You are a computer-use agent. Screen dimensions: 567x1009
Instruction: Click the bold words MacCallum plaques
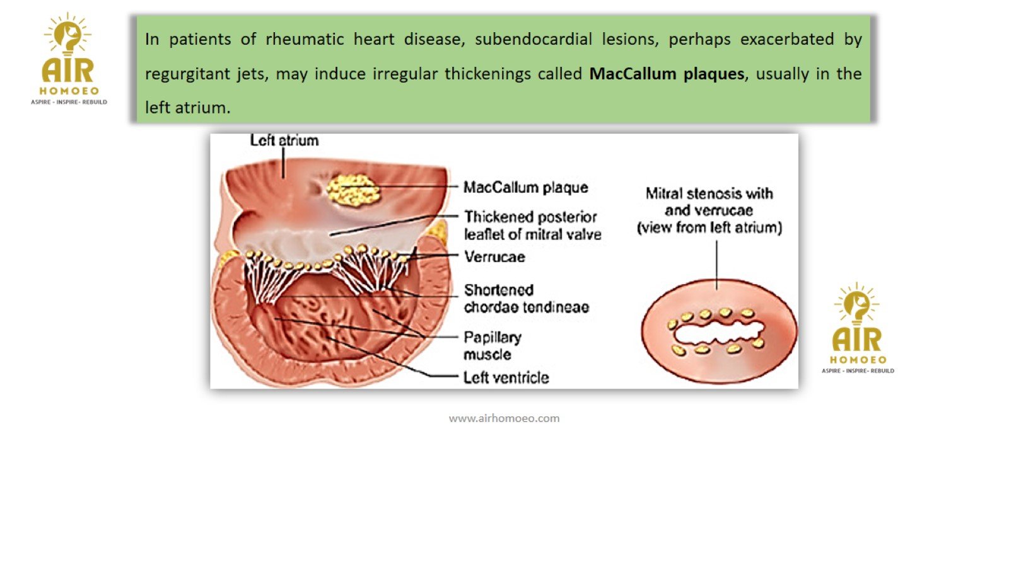[x=667, y=74]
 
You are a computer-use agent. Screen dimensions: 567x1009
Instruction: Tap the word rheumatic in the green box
[x=305, y=39]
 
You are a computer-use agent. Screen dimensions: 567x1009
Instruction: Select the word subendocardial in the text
[x=533, y=39]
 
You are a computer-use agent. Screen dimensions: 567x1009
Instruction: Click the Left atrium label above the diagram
[x=284, y=140]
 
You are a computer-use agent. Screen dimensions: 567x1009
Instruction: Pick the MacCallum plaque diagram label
[x=525, y=187]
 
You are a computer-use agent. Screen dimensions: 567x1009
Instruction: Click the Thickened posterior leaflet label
[x=532, y=225]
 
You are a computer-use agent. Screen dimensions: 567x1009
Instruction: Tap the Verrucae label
[x=494, y=256]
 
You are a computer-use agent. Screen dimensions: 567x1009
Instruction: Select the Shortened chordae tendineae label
[x=526, y=299]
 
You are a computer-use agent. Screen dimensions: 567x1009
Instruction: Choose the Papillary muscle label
[x=492, y=345]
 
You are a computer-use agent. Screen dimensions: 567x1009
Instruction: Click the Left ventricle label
[x=506, y=377]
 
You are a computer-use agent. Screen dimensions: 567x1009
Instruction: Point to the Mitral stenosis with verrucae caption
[x=709, y=210]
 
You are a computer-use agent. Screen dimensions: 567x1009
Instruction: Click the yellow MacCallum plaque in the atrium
[x=353, y=190]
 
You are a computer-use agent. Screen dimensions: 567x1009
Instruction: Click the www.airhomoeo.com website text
[x=504, y=418]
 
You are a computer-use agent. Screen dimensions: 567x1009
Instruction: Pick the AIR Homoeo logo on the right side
[x=858, y=328]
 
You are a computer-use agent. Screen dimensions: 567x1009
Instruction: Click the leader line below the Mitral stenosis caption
[x=716, y=265]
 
